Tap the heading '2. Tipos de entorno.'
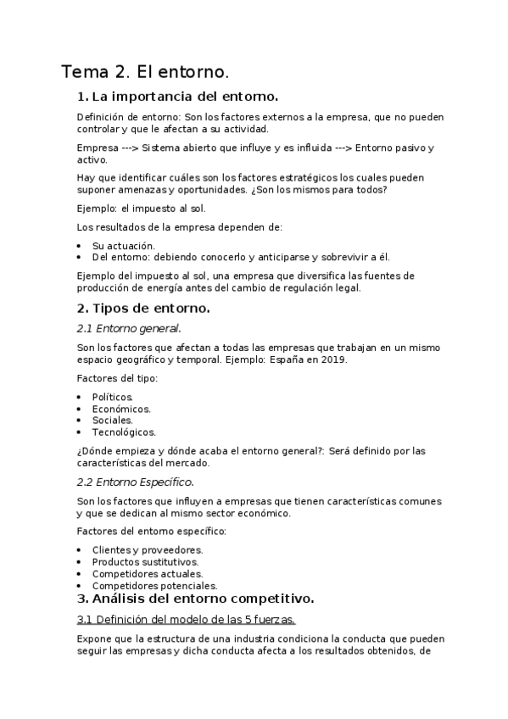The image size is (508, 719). pos(142,308)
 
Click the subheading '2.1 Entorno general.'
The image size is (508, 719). pos(128,328)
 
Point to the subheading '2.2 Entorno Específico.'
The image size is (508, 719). pos(135,482)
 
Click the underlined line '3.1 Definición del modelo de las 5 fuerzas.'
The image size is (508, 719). pos(186,619)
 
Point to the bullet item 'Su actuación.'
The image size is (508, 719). pos(124,245)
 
